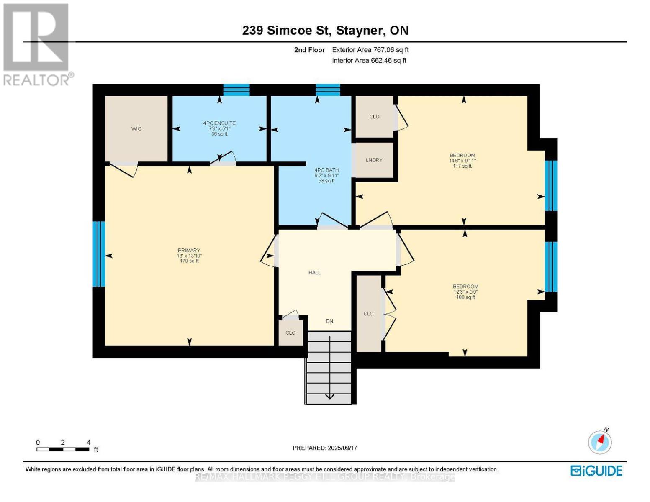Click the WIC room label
pyautogui.click(x=136, y=129)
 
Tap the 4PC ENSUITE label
pyautogui.click(x=219, y=123)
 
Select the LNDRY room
pyautogui.click(x=374, y=160)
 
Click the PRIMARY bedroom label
pyautogui.click(x=189, y=251)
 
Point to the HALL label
pyautogui.click(x=314, y=273)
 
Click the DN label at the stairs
pyautogui.click(x=329, y=321)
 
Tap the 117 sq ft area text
pyautogui.click(x=462, y=166)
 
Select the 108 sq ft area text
pyautogui.click(x=465, y=297)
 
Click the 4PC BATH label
pyautogui.click(x=326, y=170)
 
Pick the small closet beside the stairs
pyautogui.click(x=290, y=333)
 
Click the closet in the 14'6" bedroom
pyautogui.click(x=374, y=117)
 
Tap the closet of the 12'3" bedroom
pyautogui.click(x=368, y=314)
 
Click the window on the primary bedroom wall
pyautogui.click(x=99, y=254)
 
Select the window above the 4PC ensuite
pyautogui.click(x=236, y=90)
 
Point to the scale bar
pyautogui.click(x=63, y=449)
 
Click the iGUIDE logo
pyautogui.click(x=596, y=471)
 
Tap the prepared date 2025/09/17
pyautogui.click(x=325, y=448)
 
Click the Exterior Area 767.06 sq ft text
pyautogui.click(x=370, y=50)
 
